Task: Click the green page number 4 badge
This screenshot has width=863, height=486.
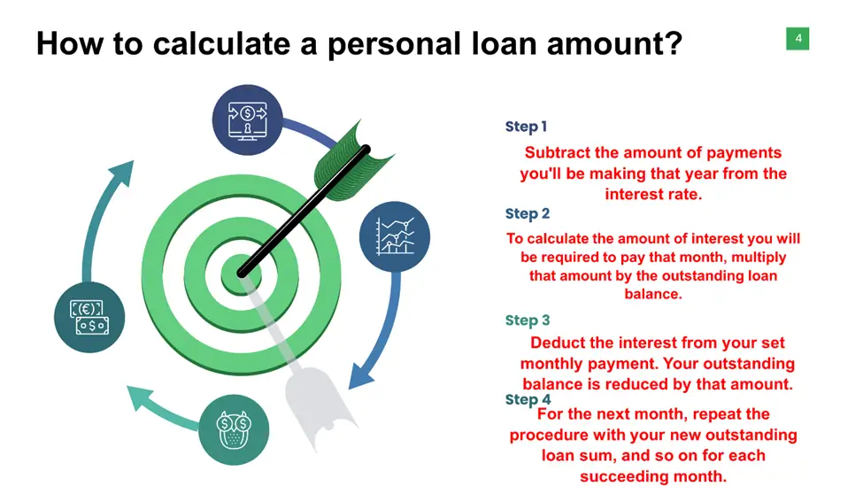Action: pyautogui.click(x=798, y=39)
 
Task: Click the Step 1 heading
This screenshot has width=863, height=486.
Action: pyautogui.click(x=526, y=127)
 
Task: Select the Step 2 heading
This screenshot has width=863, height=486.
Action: pyautogui.click(x=528, y=213)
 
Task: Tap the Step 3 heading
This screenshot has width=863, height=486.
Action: pyautogui.click(x=528, y=320)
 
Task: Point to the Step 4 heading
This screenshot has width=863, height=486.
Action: pyautogui.click(x=528, y=399)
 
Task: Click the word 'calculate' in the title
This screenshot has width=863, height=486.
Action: pyautogui.click(x=221, y=43)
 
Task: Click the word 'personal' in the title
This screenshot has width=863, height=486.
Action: pyautogui.click(x=394, y=45)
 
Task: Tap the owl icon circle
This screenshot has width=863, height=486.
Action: pyautogui.click(x=234, y=430)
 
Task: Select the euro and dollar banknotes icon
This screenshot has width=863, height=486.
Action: pyautogui.click(x=89, y=317)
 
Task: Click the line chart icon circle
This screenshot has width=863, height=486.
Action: pyautogui.click(x=395, y=236)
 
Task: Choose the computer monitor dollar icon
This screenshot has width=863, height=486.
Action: pyautogui.click(x=248, y=120)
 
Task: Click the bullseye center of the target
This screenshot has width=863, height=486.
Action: pyautogui.click(x=241, y=274)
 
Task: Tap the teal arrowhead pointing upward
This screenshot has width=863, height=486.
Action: pyautogui.click(x=122, y=173)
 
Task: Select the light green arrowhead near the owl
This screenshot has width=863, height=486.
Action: pyautogui.click(x=139, y=397)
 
